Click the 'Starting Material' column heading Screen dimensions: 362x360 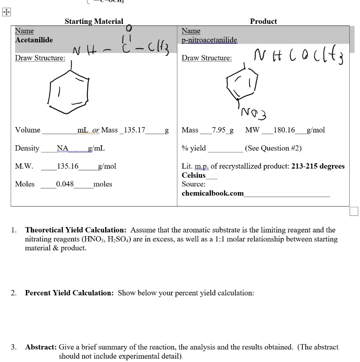point(94,21)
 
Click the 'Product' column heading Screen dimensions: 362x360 point(263,21)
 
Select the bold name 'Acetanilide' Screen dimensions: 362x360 point(34,40)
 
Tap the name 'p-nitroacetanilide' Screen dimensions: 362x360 point(209,40)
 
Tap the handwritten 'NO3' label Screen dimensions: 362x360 point(254,112)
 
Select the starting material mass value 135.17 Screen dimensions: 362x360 point(132,130)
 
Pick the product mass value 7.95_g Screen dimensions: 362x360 point(223,130)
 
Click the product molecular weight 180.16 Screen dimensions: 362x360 point(284,130)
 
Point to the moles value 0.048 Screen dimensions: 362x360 point(65,184)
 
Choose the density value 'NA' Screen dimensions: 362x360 point(62,148)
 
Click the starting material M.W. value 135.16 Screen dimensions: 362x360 point(68,166)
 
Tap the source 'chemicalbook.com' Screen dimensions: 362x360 point(212,193)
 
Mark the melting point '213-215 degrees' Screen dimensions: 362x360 point(318,166)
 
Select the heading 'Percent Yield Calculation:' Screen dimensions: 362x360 point(69,293)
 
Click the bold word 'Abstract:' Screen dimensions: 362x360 point(41,347)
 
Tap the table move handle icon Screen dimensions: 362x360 point(6,12)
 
